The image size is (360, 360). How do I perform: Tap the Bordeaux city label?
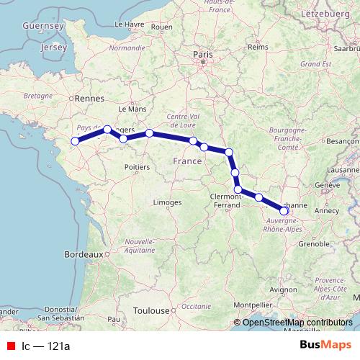point(84,254)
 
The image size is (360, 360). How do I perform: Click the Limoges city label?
point(167,204)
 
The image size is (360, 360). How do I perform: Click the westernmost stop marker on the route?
point(73,141)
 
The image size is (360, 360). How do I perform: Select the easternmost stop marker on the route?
point(284,211)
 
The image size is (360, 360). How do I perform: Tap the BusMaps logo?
point(325,346)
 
